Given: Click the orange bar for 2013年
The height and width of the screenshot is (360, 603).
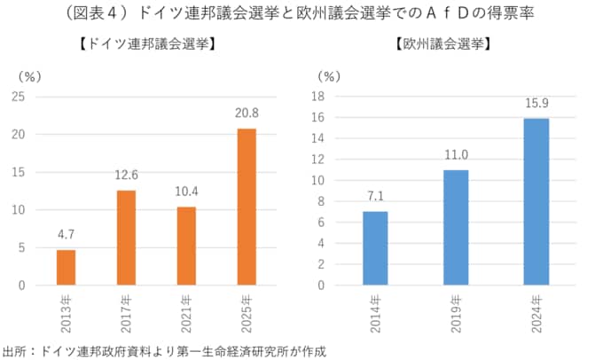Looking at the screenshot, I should pyautogui.click(x=66, y=268).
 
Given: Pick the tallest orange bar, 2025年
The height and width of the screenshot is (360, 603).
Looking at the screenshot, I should pyautogui.click(x=247, y=207).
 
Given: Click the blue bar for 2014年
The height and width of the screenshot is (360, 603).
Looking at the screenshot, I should pyautogui.click(x=375, y=248).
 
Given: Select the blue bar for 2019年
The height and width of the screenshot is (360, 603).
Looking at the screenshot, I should pyautogui.click(x=456, y=228).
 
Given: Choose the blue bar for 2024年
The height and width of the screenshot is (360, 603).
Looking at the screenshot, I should pyautogui.click(x=536, y=202).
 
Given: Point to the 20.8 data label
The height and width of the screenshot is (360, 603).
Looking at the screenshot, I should pyautogui.click(x=247, y=113).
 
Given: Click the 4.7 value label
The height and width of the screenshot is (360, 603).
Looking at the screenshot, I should pyautogui.click(x=66, y=235).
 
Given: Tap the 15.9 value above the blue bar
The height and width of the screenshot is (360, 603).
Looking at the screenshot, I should pyautogui.click(x=536, y=103).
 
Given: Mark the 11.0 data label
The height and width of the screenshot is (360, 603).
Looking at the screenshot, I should pyautogui.click(x=456, y=155).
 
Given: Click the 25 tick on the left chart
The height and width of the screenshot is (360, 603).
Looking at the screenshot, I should pyautogui.click(x=18, y=97).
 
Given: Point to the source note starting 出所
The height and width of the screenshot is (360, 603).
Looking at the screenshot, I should pyautogui.click(x=165, y=351).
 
